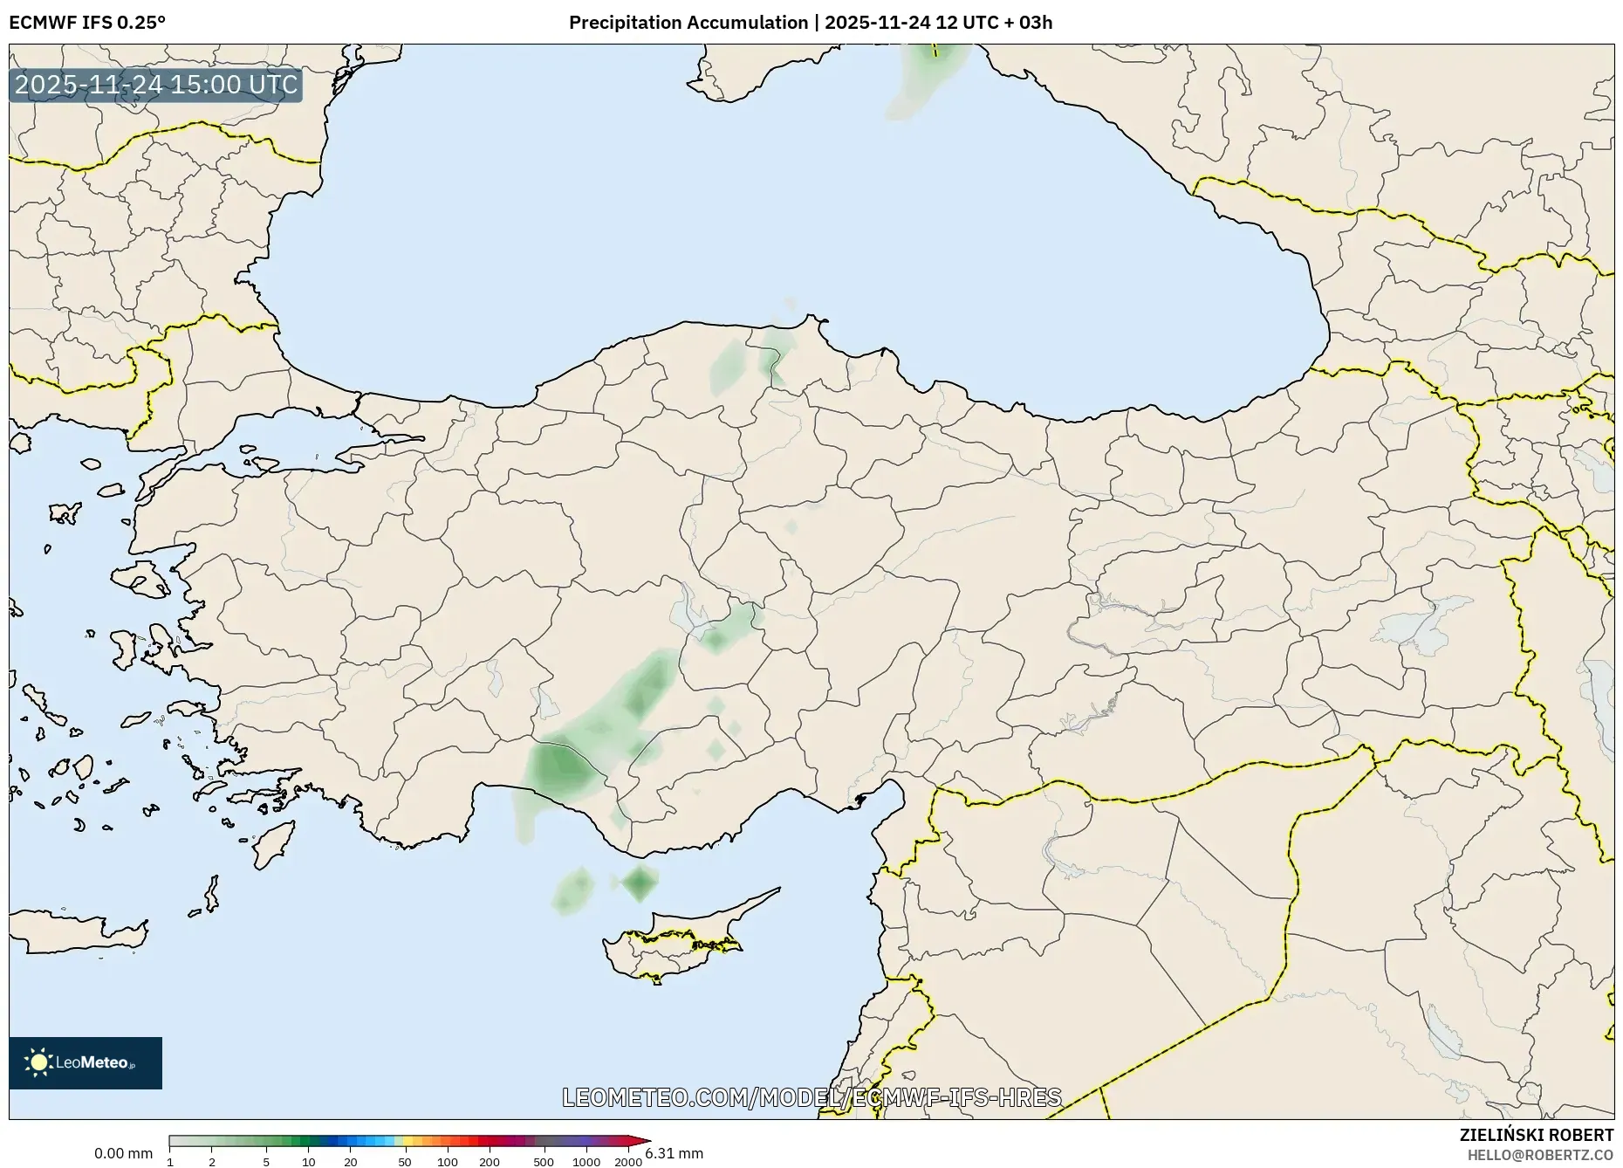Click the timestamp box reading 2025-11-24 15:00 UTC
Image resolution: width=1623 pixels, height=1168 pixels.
pos(155,86)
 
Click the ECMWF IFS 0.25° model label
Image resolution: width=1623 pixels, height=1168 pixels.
pos(86,23)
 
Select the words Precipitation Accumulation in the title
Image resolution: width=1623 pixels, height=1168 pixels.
pos(688,23)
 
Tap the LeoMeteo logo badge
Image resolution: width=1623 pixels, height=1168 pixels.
pos(86,1062)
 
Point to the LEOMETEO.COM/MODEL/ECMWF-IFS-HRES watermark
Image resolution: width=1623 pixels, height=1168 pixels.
pos(811,1097)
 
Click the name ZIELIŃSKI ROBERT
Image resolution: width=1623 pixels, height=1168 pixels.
pos(1536,1135)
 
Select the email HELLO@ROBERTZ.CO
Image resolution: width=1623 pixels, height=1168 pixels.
pos(1540,1155)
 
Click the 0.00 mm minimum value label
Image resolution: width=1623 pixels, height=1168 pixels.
pos(123,1153)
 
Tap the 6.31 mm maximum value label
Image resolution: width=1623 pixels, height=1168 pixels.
pos(675,1153)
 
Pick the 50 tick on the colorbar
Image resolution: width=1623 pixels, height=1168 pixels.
pos(404,1162)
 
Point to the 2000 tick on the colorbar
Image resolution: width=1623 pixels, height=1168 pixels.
pos(628,1162)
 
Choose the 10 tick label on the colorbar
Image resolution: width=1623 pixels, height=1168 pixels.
pos(308,1162)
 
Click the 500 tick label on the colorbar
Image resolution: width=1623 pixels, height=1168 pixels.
pos(544,1162)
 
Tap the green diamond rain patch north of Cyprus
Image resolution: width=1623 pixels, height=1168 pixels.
pos(640,883)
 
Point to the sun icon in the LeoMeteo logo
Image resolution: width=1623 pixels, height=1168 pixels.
pos(38,1062)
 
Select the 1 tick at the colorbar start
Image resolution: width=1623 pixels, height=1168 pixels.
pos(170,1162)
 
